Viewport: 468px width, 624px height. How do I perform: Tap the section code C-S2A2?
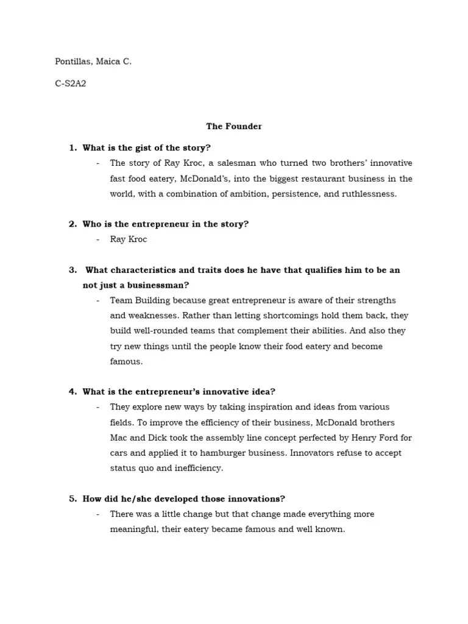pos(70,83)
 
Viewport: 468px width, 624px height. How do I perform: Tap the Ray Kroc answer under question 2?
pos(129,239)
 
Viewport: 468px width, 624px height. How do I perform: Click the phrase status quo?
pos(134,468)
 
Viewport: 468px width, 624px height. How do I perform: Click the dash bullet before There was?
pos(98,514)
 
